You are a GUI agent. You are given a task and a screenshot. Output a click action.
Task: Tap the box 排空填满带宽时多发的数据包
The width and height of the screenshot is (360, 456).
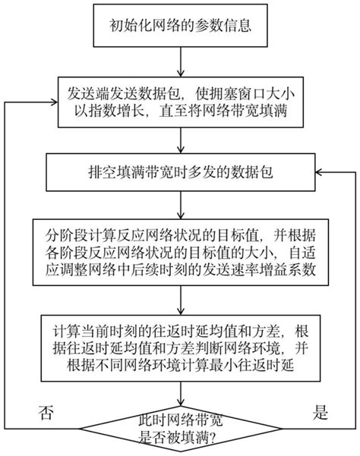(181, 173)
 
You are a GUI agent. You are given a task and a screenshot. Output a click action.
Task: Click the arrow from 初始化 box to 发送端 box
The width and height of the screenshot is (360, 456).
(181, 68)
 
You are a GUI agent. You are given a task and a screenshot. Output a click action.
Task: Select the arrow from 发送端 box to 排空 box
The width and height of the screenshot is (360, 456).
(181, 144)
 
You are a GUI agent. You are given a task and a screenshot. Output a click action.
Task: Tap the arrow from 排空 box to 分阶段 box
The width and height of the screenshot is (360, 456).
(181, 203)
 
